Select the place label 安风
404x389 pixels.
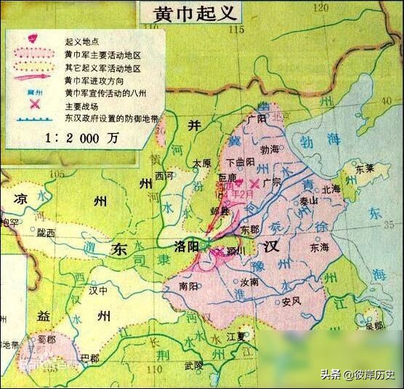click(293, 301)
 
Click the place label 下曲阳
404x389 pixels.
click(241, 162)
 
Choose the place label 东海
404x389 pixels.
click(320, 247)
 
